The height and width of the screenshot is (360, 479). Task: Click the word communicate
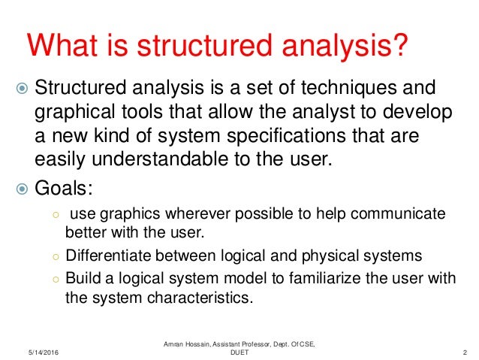[405, 214]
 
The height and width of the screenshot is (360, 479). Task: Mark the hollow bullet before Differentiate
[56, 256]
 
